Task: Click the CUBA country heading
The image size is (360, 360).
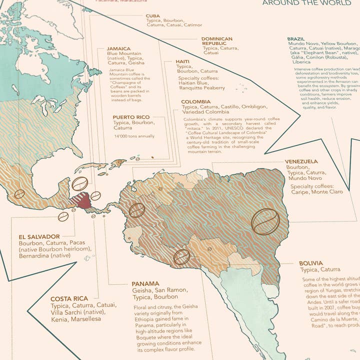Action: pyautogui.click(x=153, y=16)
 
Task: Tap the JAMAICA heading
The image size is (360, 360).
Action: pyautogui.click(x=119, y=49)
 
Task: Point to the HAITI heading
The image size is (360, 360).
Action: pyautogui.click(x=182, y=61)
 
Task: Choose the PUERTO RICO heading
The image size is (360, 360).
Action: pyautogui.click(x=131, y=117)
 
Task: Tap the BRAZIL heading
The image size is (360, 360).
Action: pyautogui.click(x=297, y=39)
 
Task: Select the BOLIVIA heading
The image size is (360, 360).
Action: pyautogui.click(x=311, y=263)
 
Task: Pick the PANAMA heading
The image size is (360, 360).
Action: pyautogui.click(x=146, y=283)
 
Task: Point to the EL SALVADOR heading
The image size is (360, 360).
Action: pyautogui.click(x=39, y=236)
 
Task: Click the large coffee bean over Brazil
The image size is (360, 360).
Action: pyautogui.click(x=265, y=221)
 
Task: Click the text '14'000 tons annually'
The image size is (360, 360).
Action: pyautogui.click(x=134, y=136)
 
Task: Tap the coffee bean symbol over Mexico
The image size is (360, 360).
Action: pyautogui.click(x=19, y=194)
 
